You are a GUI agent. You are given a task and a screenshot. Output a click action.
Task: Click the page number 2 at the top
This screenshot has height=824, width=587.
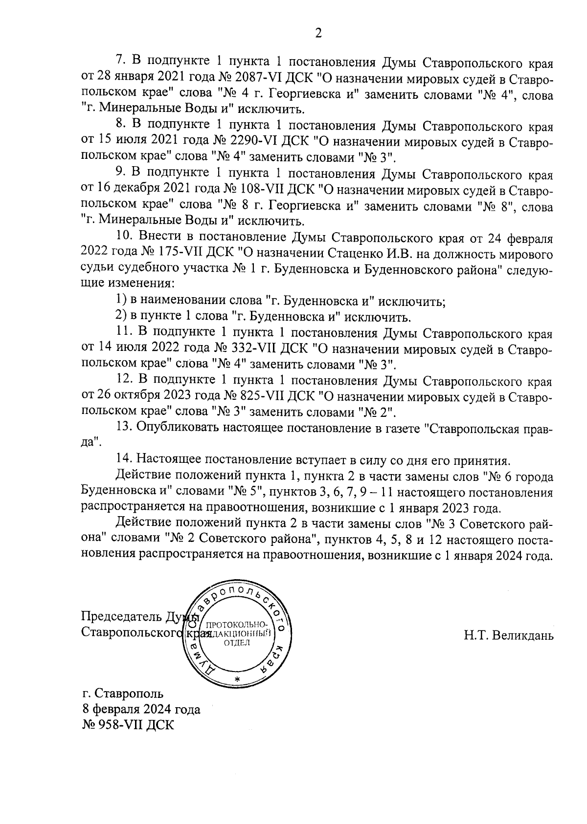(x=318, y=34)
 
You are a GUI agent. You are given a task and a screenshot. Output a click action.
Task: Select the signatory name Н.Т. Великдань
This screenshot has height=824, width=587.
(x=509, y=636)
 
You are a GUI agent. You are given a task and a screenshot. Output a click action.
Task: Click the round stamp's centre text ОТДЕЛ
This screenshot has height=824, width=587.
(x=237, y=643)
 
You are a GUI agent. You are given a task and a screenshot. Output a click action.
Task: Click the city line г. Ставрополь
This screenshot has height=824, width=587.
(x=123, y=694)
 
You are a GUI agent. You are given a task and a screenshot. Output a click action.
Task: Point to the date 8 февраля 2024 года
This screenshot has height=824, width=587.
(x=141, y=709)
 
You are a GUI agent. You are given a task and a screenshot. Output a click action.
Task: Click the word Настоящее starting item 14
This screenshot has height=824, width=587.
(x=167, y=459)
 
